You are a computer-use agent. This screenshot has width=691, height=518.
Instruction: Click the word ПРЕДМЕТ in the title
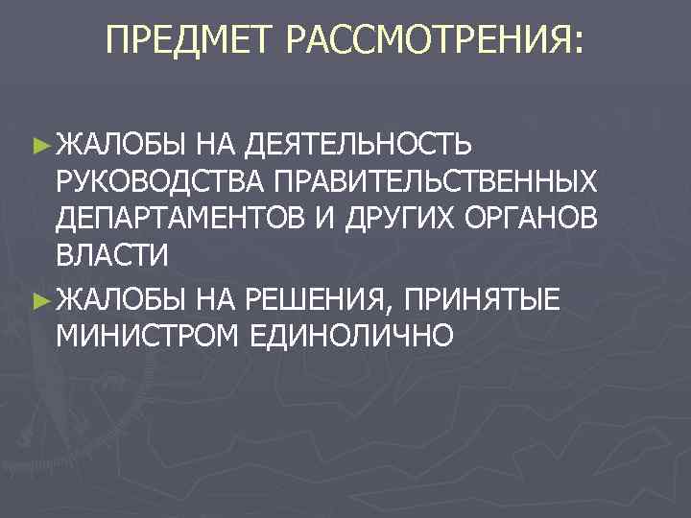[187, 41]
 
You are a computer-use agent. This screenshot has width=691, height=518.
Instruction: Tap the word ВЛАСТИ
[112, 257]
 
